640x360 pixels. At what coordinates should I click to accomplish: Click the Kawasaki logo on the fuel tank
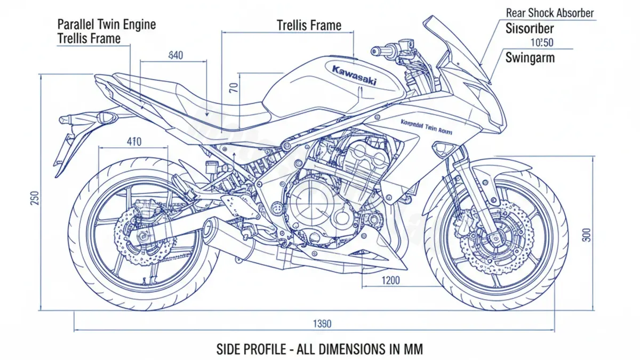pos(354,75)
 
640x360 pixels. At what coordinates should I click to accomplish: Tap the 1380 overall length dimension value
pos(322,323)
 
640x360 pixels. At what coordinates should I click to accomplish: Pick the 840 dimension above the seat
pos(176,54)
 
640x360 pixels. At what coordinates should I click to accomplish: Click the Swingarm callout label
pos(529,57)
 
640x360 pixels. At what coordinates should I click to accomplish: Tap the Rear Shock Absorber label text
pos(549,12)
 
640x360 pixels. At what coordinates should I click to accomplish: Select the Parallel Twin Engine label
pos(106,24)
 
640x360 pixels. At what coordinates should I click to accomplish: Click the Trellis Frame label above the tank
pos(309,25)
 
